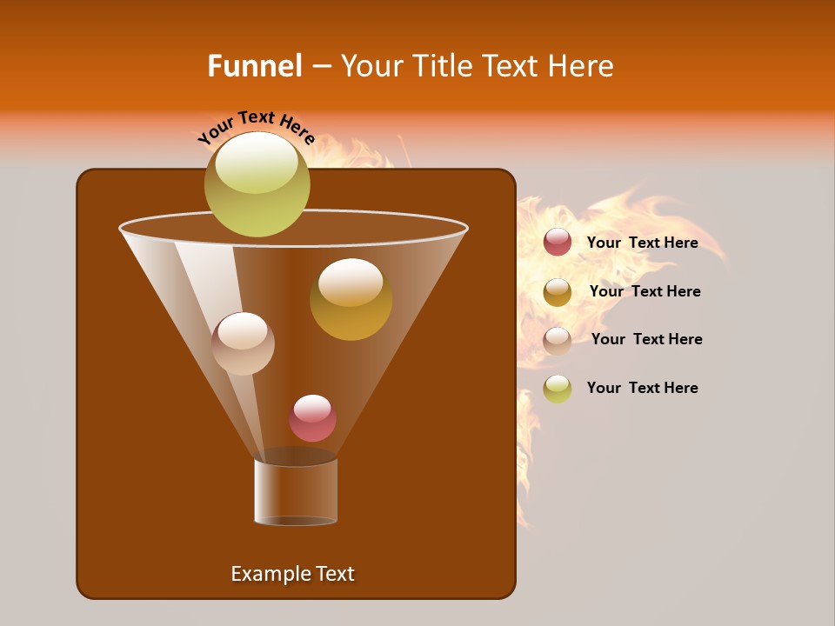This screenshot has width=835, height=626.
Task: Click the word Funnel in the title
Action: pyautogui.click(x=255, y=66)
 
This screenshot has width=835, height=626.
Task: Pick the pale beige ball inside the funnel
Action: pyautogui.click(x=243, y=344)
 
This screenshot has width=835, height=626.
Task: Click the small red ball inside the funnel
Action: pyautogui.click(x=312, y=419)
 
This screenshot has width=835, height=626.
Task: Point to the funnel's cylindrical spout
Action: pyautogui.click(x=296, y=492)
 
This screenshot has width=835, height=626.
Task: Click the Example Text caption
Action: pyautogui.click(x=292, y=574)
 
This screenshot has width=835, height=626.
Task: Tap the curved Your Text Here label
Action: pyautogui.click(x=256, y=125)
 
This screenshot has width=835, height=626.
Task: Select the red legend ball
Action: pyautogui.click(x=558, y=242)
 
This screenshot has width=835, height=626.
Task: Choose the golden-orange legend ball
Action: pyautogui.click(x=558, y=291)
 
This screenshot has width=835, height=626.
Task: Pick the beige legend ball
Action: pyautogui.click(x=558, y=340)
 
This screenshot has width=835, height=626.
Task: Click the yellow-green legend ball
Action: pyautogui.click(x=558, y=389)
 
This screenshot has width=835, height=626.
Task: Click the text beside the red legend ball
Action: pyautogui.click(x=642, y=243)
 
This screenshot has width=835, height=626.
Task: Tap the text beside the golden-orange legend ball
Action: pyautogui.click(x=645, y=291)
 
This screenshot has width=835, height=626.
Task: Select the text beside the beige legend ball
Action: pyautogui.click(x=646, y=339)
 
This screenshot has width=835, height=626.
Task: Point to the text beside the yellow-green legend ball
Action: pyautogui.click(x=642, y=388)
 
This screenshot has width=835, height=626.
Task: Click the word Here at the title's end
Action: pyautogui.click(x=583, y=66)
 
